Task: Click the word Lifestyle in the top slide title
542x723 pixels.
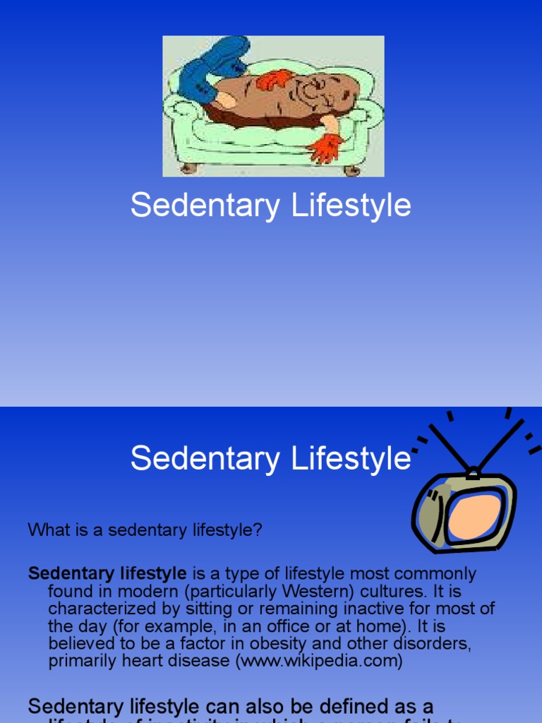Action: pos(350,205)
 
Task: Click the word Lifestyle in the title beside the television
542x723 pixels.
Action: pos(350,458)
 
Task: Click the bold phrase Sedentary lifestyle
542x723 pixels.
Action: pos(107,574)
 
